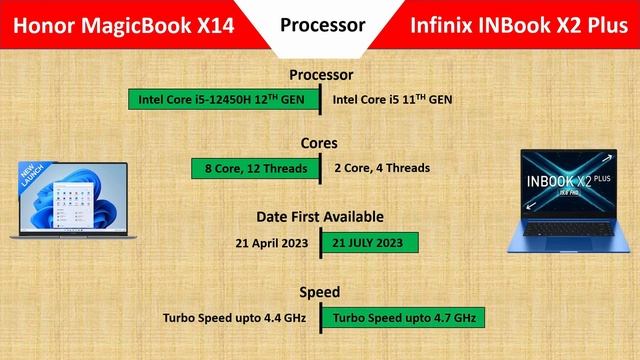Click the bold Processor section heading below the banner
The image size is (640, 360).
point(321,75)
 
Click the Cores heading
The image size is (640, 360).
point(320,143)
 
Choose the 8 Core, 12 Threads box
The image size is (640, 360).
point(255,167)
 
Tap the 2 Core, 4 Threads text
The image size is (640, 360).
point(382,167)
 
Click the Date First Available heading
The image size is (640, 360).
point(320,216)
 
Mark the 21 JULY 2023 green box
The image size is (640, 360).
point(369,243)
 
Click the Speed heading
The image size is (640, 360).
point(320,292)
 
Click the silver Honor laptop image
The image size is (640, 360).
point(68,200)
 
